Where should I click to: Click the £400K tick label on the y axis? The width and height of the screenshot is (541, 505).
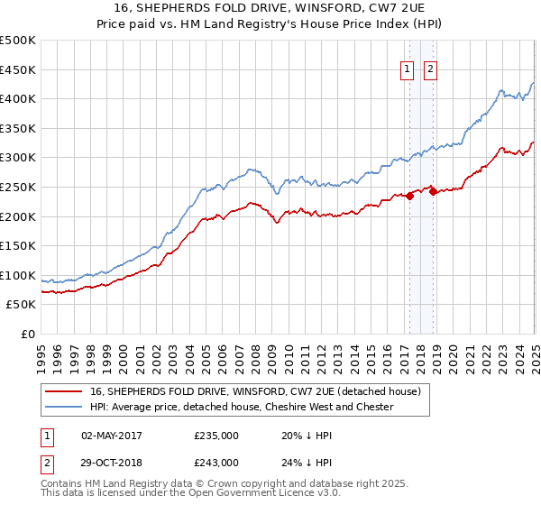coord(17,99)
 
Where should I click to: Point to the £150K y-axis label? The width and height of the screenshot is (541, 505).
coord(17,246)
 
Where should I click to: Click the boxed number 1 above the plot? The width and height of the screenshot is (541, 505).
coord(408,69)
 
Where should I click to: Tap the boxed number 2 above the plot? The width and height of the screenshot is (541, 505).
coord(430,69)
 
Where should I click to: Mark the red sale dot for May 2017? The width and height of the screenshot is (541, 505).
coord(409,196)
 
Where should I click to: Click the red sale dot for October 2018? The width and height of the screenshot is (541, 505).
coord(434,191)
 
